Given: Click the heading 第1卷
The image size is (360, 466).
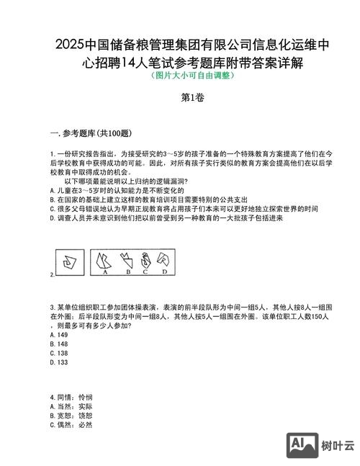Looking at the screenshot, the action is [179, 99].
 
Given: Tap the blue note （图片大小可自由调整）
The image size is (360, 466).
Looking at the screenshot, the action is [179, 75].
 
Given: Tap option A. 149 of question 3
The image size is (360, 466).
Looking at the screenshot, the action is [59, 335].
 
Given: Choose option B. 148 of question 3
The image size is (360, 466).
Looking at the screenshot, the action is [59, 344].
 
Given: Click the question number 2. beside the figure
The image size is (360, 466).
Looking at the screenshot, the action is [52, 275].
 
